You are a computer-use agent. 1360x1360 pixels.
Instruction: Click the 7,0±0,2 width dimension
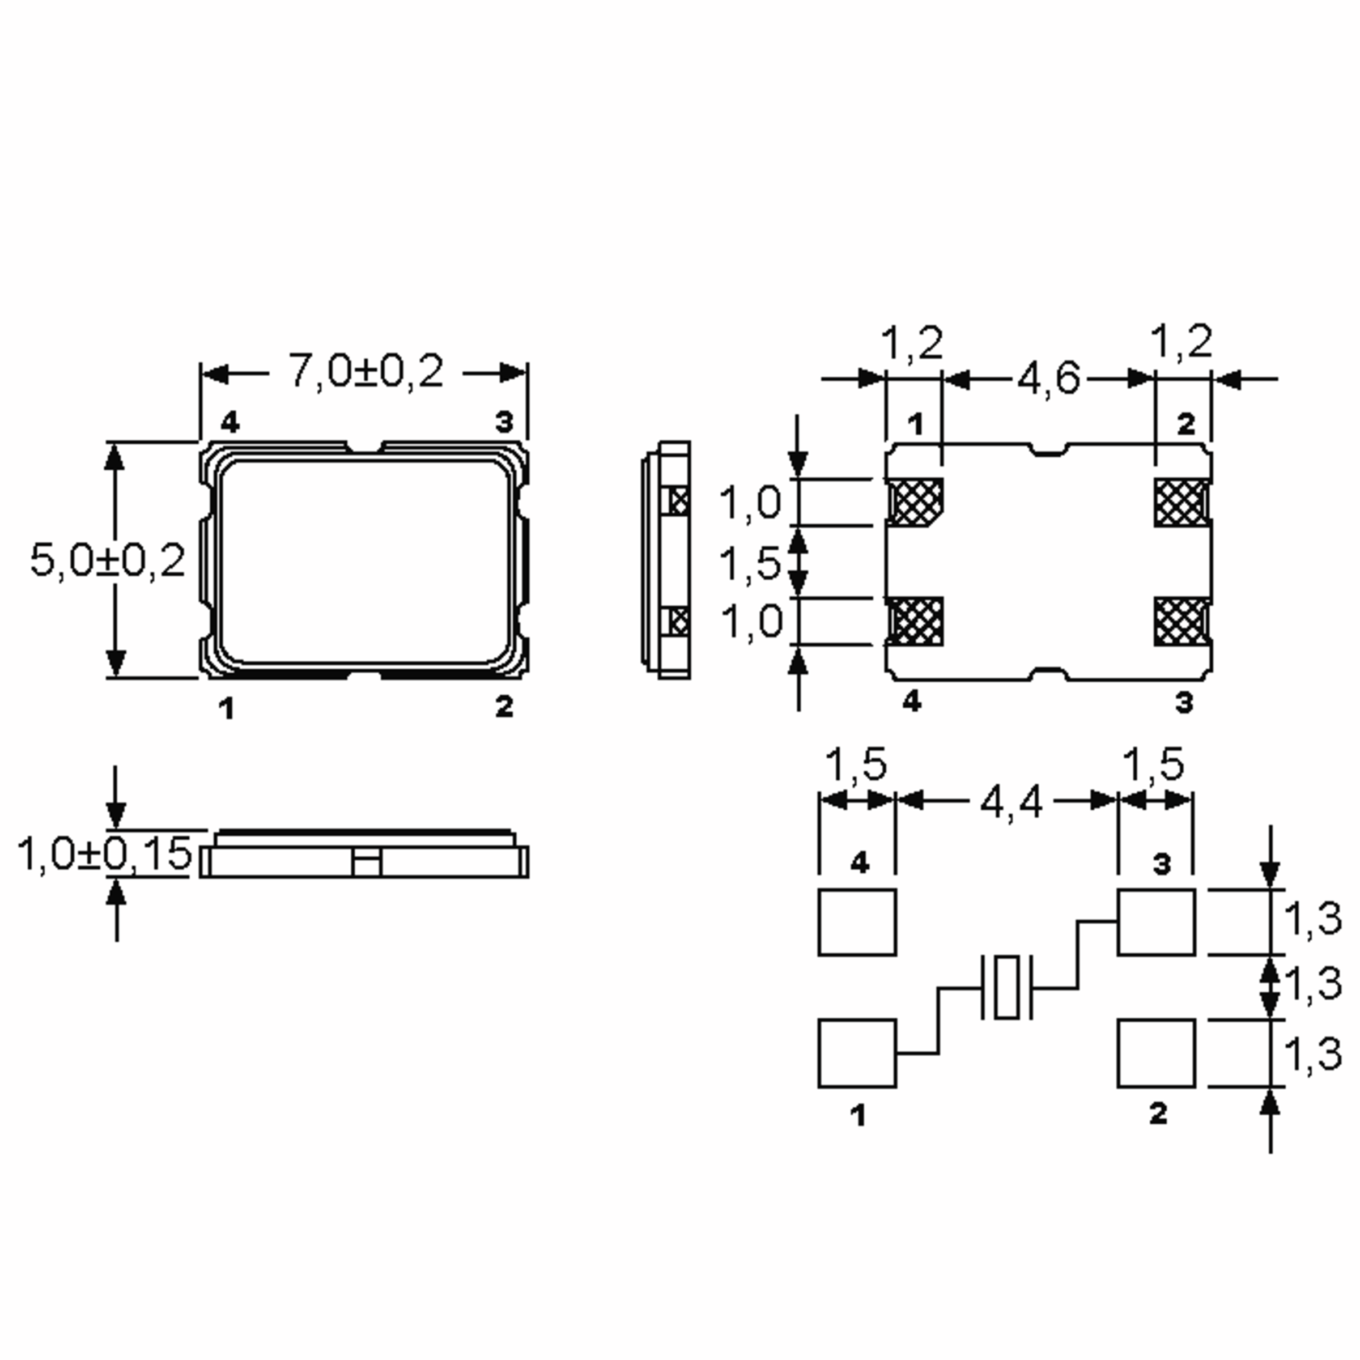[x=365, y=372]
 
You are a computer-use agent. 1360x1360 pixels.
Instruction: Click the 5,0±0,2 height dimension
[x=107, y=561]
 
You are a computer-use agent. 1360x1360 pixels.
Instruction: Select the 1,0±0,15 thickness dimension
[x=104, y=854]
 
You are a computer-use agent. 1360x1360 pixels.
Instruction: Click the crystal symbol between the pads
[x=1006, y=987]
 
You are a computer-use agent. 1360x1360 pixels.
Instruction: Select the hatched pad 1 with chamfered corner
[x=915, y=502]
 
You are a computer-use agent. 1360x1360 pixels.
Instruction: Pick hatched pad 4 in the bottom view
[x=915, y=621]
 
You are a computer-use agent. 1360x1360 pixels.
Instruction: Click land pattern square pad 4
[x=857, y=922]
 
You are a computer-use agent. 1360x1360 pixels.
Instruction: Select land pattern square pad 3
[x=1156, y=922]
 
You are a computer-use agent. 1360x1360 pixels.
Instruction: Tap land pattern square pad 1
[x=857, y=1053]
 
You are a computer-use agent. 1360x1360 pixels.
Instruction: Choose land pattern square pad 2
[x=1156, y=1053]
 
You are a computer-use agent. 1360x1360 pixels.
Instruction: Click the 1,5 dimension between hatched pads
[x=750, y=563]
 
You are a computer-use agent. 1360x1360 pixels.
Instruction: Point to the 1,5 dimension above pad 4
[x=855, y=765]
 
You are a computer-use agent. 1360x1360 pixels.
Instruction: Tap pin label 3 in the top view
[x=504, y=422]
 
